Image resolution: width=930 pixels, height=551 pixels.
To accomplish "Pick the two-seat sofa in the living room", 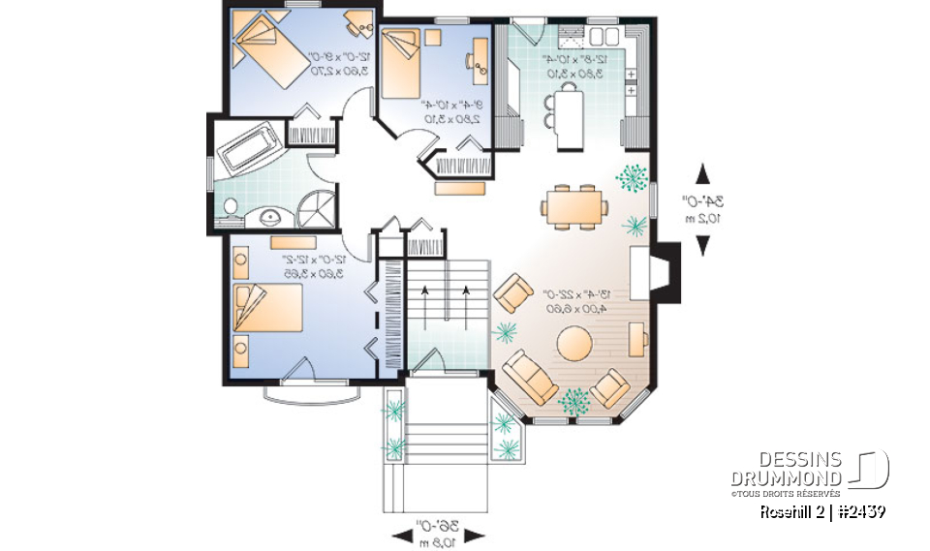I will click(528, 376).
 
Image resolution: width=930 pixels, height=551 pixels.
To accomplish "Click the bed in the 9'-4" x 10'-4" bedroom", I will click(400, 63).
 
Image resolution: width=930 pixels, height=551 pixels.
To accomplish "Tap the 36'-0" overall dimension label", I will click(439, 533).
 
